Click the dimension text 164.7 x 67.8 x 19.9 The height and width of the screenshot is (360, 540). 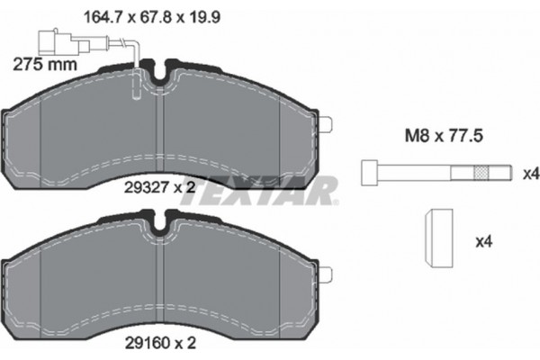[152, 17]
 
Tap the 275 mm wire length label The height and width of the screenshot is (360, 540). [45, 65]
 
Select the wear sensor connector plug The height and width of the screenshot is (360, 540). [64, 42]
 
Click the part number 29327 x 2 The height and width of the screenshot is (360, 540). [160, 187]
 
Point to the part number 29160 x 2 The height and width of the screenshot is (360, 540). [160, 343]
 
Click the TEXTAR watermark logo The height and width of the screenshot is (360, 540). [259, 191]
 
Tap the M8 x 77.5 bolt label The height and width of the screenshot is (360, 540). [444, 135]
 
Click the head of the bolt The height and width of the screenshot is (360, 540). [370, 173]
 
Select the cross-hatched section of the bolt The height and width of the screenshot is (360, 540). [481, 173]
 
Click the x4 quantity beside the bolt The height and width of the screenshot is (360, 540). [531, 174]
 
